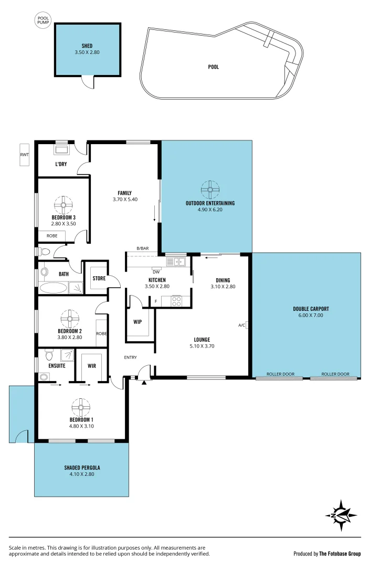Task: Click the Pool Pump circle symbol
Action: [x=43, y=21]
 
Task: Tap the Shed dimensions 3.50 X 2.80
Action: [x=87, y=53]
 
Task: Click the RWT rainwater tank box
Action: [x=25, y=155]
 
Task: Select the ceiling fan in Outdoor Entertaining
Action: [x=210, y=189]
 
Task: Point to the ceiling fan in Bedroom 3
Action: [x=64, y=204]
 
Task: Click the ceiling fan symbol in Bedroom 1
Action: [x=81, y=406]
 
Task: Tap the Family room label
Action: [x=125, y=193]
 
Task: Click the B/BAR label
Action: [x=142, y=248]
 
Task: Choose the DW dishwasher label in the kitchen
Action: [x=156, y=272]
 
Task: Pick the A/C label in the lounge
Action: [x=241, y=325]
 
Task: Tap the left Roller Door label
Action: [x=280, y=374]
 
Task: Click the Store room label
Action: [x=99, y=278]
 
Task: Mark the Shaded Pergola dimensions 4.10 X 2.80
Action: [x=82, y=474]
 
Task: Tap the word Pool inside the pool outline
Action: [x=214, y=67]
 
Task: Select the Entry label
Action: [x=130, y=357]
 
